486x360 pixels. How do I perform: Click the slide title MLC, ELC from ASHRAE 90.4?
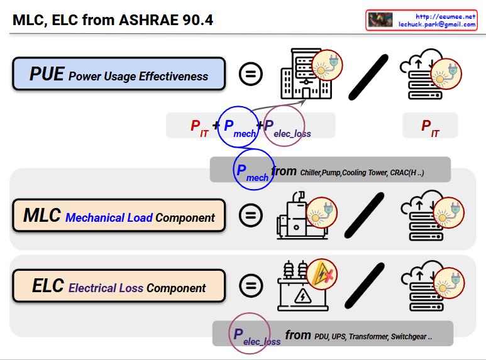tap(113, 20)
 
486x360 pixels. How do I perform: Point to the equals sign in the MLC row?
tap(251, 215)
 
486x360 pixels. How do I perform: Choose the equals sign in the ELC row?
tap(251, 285)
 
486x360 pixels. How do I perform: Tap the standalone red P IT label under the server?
tap(430, 127)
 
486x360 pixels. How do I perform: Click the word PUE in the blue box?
tap(47, 74)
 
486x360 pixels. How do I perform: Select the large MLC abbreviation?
tap(42, 216)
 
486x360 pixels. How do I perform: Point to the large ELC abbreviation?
tap(48, 286)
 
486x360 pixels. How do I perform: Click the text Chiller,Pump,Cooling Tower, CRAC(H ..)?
tap(362, 173)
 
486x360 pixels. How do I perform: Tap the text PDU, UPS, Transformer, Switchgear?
tap(373, 337)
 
